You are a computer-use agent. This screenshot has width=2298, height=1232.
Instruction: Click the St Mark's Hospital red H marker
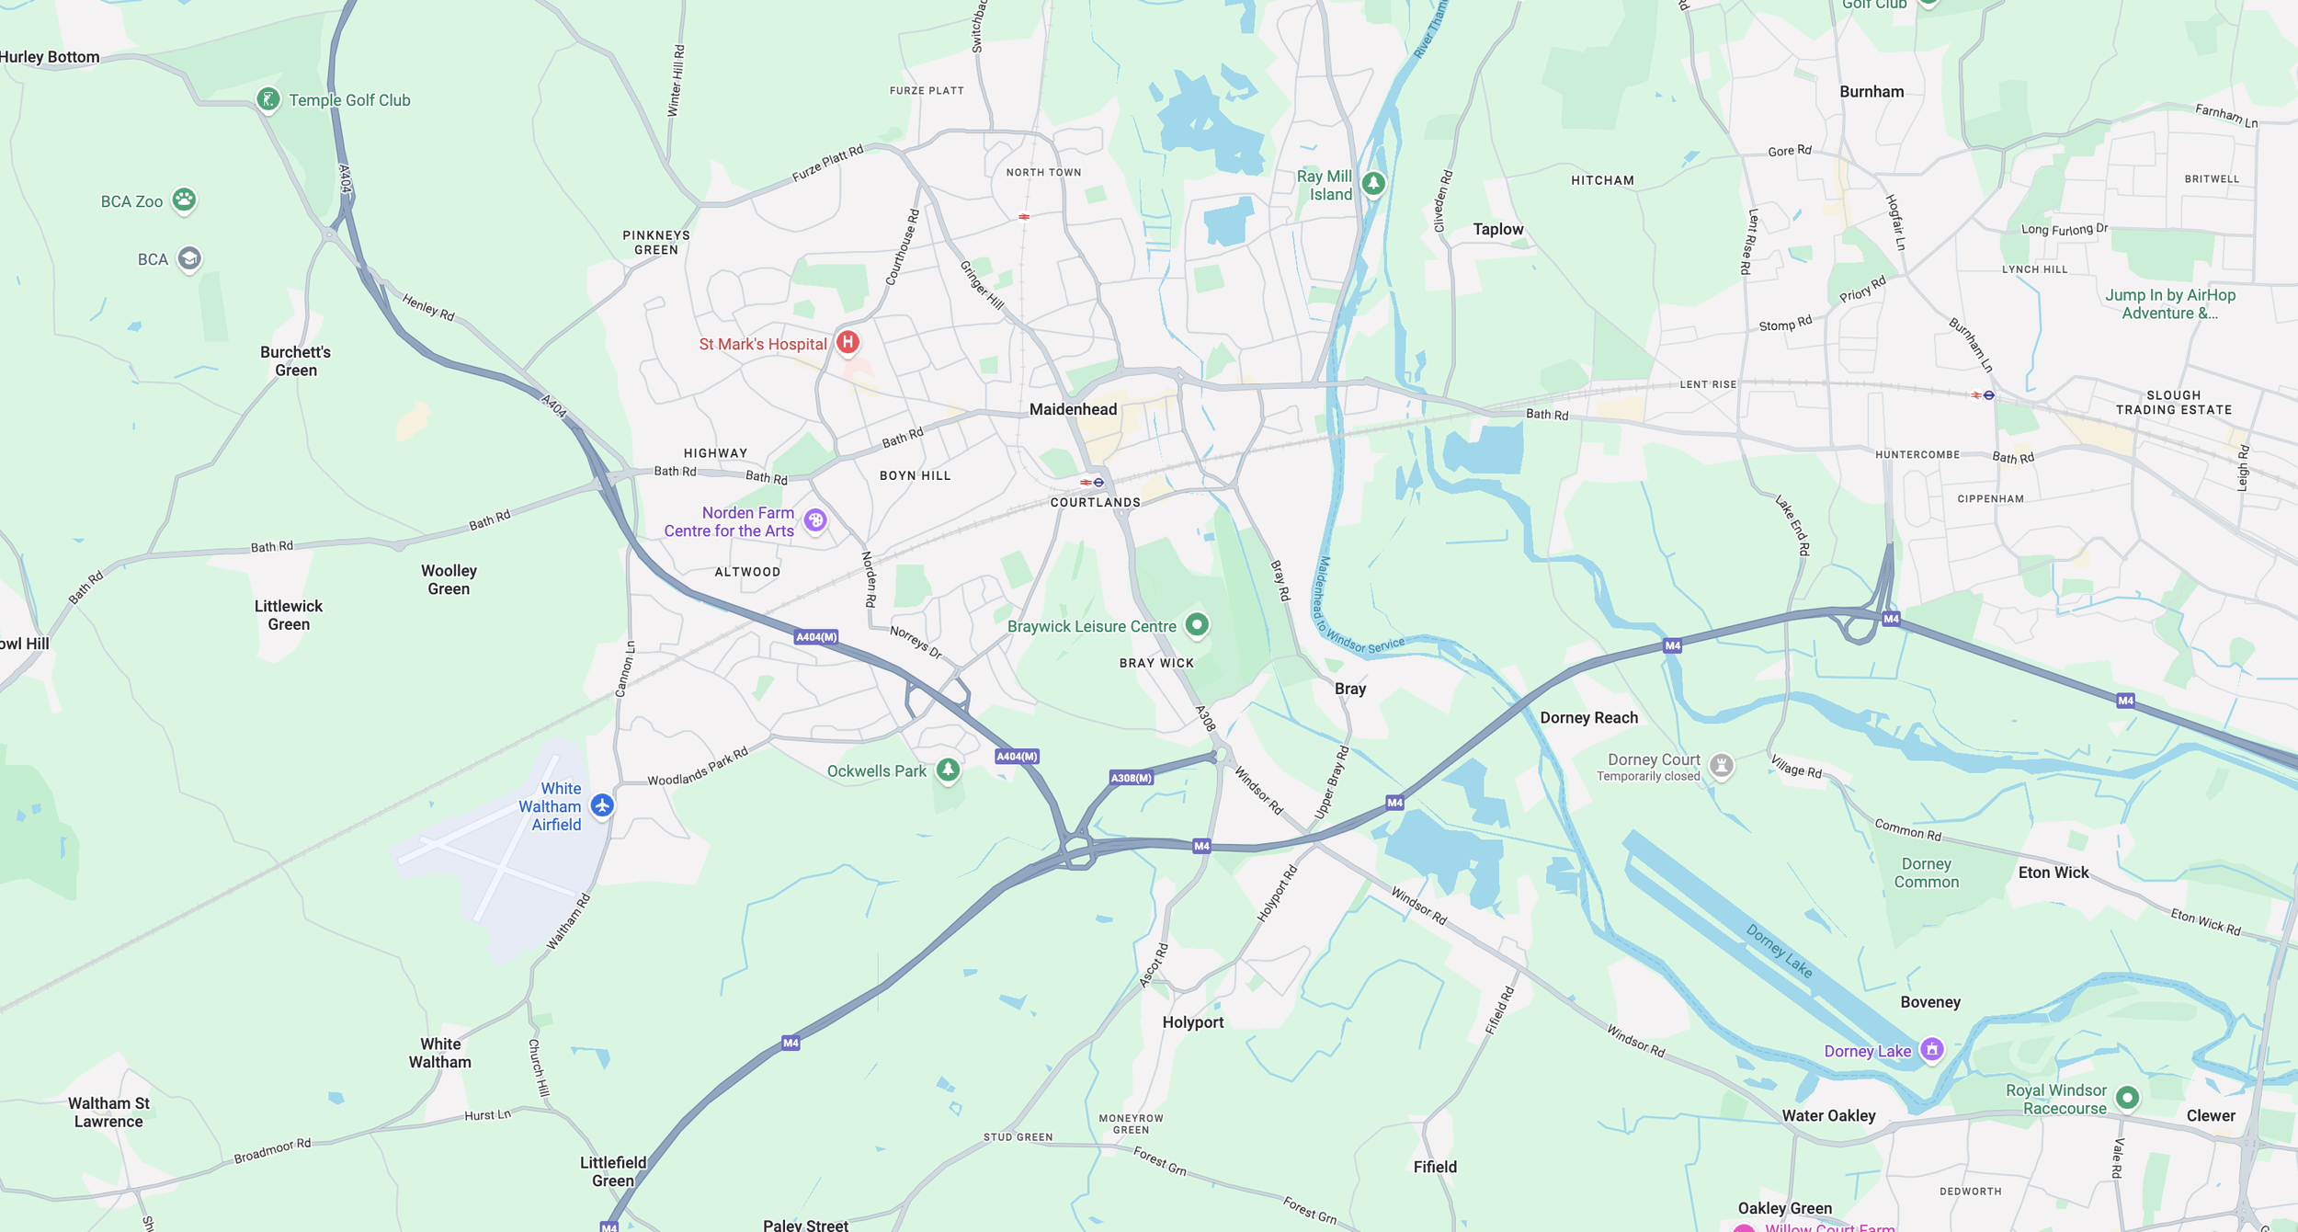pos(848,343)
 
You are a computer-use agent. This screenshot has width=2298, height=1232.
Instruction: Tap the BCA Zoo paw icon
pos(184,200)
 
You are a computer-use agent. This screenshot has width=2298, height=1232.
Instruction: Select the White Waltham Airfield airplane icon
pos(602,805)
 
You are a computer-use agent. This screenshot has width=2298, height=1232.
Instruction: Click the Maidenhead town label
pos(1073,409)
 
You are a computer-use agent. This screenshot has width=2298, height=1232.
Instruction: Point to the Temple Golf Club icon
pos(267,99)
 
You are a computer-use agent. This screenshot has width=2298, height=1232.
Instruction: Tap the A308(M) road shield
pos(1131,778)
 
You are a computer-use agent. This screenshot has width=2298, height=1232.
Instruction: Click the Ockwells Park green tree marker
pos(948,770)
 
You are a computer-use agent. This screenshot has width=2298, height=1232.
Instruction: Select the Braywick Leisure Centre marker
pos(1196,625)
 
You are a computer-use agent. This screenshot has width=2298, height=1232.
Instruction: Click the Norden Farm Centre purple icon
pos(815,520)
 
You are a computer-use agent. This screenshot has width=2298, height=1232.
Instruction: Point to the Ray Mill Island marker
pos(1373,183)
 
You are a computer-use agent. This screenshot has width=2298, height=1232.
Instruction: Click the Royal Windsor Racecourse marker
pos(2127,1097)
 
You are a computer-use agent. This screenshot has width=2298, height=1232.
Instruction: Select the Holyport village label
pos(1192,1021)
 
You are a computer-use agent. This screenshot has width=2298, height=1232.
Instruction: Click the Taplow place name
pos(1497,229)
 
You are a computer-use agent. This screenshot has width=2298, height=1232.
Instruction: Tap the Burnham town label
pos(1871,92)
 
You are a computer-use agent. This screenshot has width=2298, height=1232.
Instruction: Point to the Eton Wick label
pos(2053,873)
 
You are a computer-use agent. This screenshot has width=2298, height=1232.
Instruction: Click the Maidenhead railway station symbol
pos(1092,482)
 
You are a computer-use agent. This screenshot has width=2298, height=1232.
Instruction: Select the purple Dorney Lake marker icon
pos(1931,1049)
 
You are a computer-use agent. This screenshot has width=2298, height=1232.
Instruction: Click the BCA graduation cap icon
pos(189,258)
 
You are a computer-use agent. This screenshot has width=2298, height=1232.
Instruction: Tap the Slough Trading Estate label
pos(2173,403)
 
